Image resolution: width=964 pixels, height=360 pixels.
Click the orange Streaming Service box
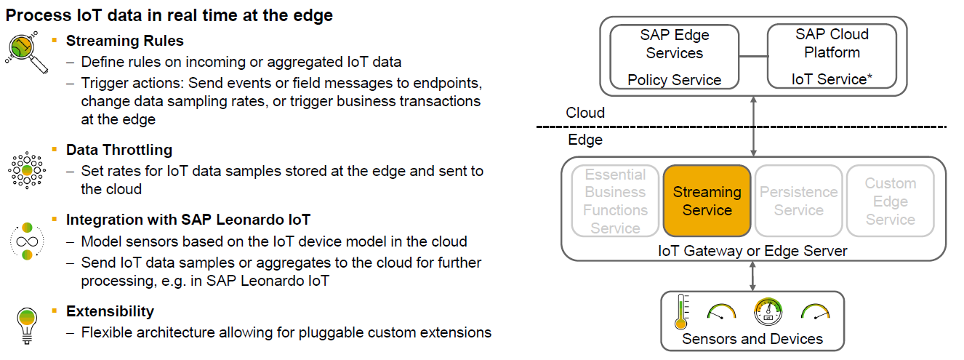tap(707, 201)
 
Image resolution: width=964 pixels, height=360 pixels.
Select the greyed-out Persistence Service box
tap(798, 201)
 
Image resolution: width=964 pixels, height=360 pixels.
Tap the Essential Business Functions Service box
tap(616, 201)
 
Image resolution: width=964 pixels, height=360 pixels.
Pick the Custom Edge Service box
tap(891, 201)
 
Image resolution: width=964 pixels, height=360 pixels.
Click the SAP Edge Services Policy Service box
tap(674, 56)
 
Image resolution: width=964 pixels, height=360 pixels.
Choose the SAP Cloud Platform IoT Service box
tap(832, 56)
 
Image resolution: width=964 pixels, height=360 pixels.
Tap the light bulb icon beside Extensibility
tap(27, 324)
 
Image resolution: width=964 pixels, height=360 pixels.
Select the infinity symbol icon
tap(27, 241)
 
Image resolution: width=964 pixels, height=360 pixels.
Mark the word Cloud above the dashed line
tap(585, 113)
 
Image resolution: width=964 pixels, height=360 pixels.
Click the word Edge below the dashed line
tap(585, 140)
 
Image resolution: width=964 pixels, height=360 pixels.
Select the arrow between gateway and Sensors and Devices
tap(753, 276)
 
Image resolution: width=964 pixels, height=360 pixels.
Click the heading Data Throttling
tap(119, 150)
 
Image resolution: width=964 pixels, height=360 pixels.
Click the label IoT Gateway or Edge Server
tap(752, 251)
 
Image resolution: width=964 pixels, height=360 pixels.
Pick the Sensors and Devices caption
tap(752, 339)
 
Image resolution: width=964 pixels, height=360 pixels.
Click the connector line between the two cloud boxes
tap(753, 56)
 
